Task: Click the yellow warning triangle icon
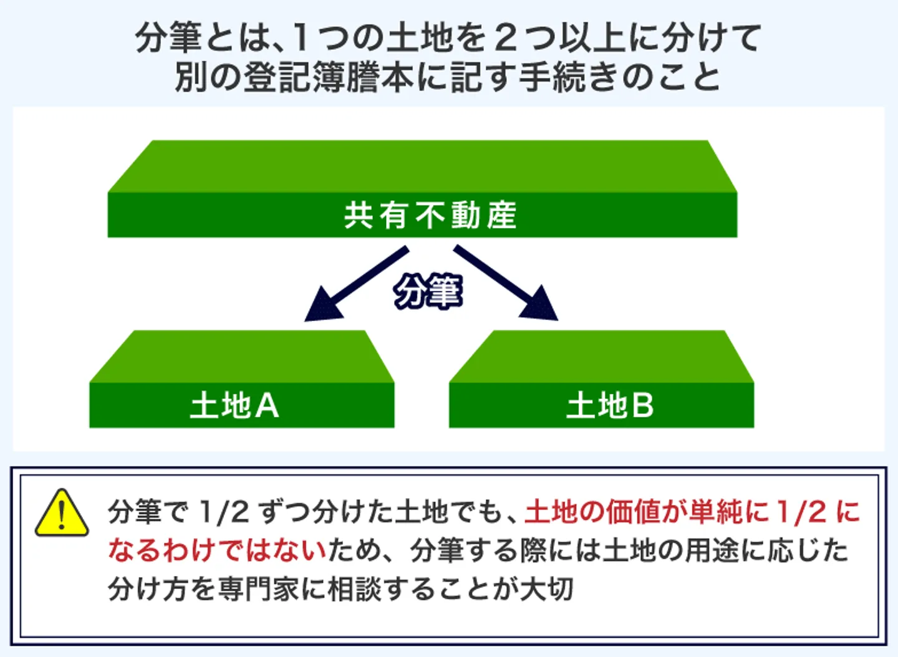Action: pyautogui.click(x=61, y=515)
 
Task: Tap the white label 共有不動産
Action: pyautogui.click(x=430, y=216)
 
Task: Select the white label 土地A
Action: pyautogui.click(x=234, y=406)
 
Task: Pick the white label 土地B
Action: pyautogui.click(x=610, y=406)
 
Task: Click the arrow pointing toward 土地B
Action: pyautogui.click(x=508, y=284)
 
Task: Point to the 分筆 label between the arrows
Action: pyautogui.click(x=428, y=292)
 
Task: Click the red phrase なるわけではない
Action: pyautogui.click(x=218, y=550)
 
